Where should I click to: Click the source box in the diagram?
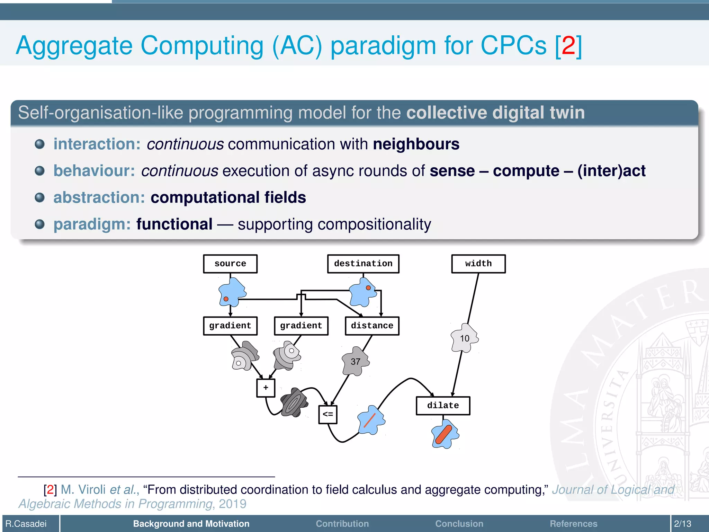click(230, 264)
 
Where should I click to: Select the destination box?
click(363, 264)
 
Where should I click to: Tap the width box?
click(478, 264)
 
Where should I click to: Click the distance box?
click(372, 326)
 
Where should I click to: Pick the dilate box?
click(443, 406)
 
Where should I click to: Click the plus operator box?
click(266, 388)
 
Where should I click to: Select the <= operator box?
click(327, 414)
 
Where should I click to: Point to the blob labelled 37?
click(356, 362)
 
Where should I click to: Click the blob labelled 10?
click(465, 338)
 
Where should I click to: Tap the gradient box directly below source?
click(230, 326)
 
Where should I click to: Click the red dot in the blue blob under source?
click(226, 299)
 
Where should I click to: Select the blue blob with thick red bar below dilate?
click(445, 434)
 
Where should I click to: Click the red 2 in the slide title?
click(568, 45)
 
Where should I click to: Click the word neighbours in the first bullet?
click(416, 144)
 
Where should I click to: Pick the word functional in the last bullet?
click(174, 224)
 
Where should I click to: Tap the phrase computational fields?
click(228, 197)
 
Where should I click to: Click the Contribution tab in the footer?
click(342, 524)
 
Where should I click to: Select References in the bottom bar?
click(573, 524)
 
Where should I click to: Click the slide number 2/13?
click(682, 524)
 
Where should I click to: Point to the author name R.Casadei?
click(26, 524)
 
